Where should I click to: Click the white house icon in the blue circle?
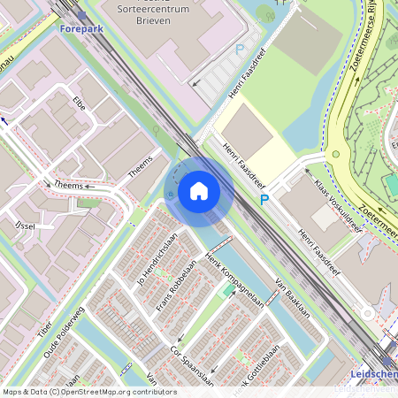[199, 190]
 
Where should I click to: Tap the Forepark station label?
[82, 28]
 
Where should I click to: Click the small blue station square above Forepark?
[82, 14]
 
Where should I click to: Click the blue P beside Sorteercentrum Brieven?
[239, 50]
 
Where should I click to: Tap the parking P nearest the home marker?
[264, 201]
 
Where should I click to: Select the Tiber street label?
[45, 325]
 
